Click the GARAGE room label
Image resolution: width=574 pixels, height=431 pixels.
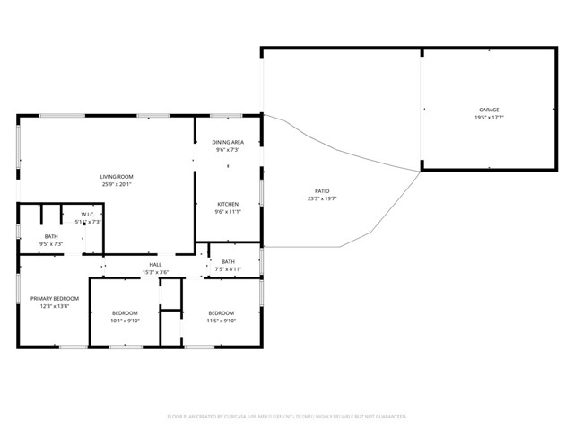click(x=489, y=110)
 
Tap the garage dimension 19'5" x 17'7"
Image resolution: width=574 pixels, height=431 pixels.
click(x=489, y=118)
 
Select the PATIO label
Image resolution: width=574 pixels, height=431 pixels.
click(x=321, y=190)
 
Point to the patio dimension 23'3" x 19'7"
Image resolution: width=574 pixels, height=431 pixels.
click(x=321, y=198)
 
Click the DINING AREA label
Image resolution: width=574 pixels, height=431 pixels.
click(x=227, y=142)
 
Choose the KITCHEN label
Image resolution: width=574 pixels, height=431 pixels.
click(x=227, y=204)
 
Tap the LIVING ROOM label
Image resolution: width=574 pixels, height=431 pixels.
click(x=117, y=176)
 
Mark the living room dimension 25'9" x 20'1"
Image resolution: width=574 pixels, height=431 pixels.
click(x=117, y=184)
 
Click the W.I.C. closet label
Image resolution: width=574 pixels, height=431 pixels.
click(x=89, y=215)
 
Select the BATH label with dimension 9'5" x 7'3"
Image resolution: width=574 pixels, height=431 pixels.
click(x=50, y=236)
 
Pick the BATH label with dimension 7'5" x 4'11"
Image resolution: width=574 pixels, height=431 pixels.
click(x=228, y=261)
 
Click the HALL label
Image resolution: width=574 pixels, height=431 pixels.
click(x=155, y=264)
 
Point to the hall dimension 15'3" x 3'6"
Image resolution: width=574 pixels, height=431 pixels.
click(x=155, y=272)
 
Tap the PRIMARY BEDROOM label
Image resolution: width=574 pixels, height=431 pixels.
click(x=55, y=298)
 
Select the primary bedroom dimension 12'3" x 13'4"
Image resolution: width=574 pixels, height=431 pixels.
click(x=55, y=306)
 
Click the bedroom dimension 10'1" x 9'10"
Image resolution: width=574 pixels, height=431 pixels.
click(x=125, y=321)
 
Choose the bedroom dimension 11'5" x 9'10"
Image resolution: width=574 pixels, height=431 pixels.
click(x=221, y=321)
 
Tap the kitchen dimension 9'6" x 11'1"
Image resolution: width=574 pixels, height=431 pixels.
click(x=227, y=212)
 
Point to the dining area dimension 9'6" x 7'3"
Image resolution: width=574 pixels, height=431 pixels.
click(x=227, y=150)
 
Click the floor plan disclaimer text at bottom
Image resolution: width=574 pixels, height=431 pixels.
click(x=287, y=417)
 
